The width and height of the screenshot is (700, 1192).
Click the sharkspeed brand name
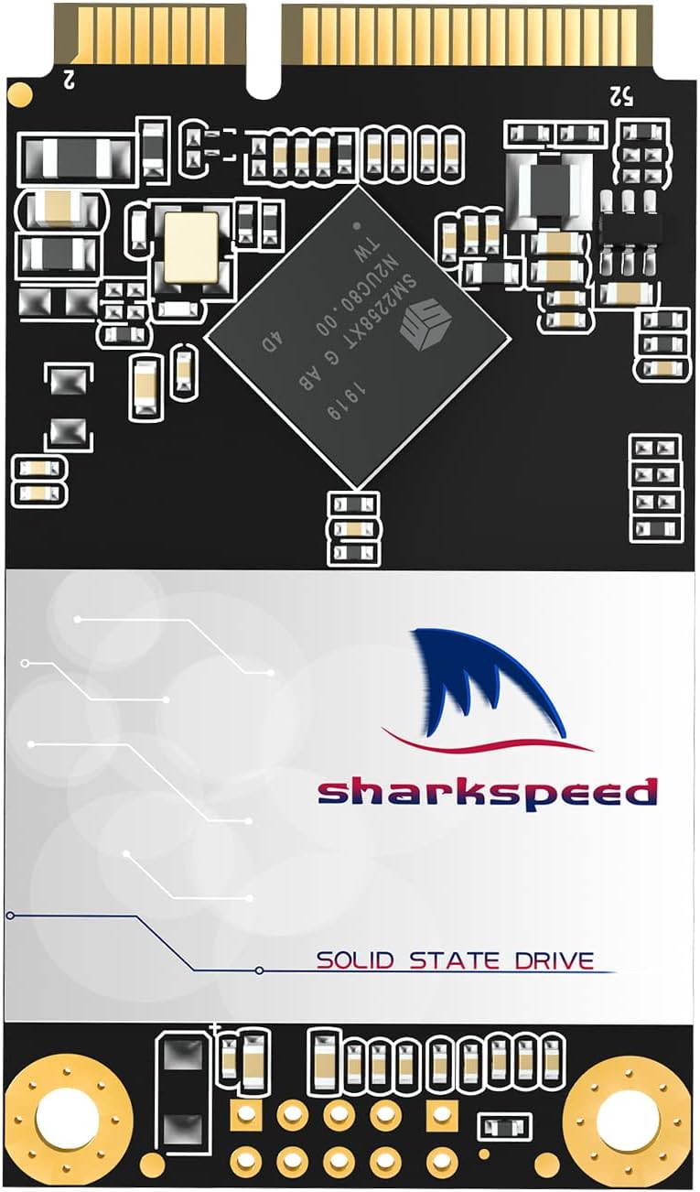pyautogui.click(x=488, y=791)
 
